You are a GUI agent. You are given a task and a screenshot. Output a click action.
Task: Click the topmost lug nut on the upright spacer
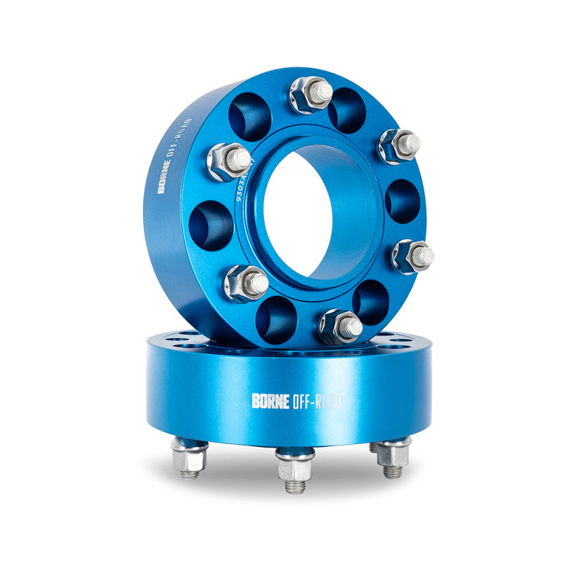(310, 94)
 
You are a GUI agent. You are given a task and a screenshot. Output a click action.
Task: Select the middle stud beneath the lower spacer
(294, 471)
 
